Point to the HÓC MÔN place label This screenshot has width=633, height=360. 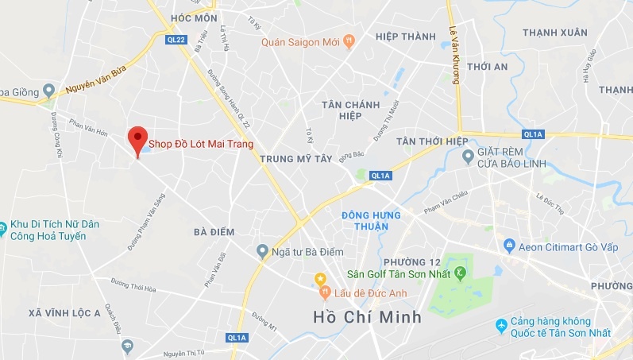[193, 17]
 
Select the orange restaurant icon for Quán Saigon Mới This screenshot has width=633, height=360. [348, 42]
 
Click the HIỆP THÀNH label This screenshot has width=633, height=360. [406, 37]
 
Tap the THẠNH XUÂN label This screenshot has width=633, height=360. [555, 33]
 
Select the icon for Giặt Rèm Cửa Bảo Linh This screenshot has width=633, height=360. [468, 153]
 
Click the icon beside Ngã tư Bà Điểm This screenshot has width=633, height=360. [262, 252]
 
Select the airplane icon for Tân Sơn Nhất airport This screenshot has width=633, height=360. [501, 326]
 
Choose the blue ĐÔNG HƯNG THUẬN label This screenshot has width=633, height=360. [365, 220]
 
